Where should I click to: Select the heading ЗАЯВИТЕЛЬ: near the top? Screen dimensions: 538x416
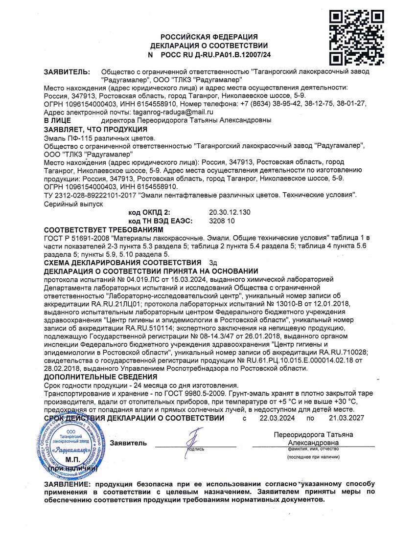click(67, 71)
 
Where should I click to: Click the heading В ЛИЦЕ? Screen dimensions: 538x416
click(58, 120)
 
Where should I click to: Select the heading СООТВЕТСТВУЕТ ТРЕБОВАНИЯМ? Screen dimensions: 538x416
click(103, 230)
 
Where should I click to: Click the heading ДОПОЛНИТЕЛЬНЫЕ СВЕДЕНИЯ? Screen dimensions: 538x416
click(101, 377)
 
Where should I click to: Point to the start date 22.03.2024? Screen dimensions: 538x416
click(276, 419)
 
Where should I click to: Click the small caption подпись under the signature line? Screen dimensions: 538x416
click(196, 448)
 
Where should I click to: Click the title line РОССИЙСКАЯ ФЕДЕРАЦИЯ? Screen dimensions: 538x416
click(209, 37)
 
